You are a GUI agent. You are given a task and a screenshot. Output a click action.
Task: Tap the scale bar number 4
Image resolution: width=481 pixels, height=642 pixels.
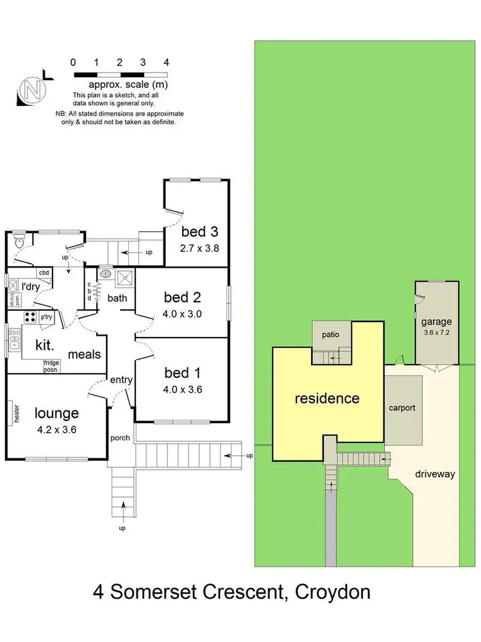point(166,62)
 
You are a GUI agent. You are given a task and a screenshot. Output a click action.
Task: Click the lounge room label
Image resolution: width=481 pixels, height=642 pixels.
point(56,413)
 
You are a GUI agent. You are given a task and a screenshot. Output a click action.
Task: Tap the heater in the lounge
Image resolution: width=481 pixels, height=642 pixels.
point(15,413)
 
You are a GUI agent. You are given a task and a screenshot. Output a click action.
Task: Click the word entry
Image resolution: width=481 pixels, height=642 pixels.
point(121,379)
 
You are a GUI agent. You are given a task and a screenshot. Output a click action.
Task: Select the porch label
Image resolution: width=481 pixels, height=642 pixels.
point(120,438)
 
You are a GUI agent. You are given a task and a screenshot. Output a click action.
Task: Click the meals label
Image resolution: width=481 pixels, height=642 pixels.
point(84,354)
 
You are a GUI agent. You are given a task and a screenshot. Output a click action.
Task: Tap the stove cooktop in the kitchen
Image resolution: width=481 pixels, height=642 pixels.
point(30,317)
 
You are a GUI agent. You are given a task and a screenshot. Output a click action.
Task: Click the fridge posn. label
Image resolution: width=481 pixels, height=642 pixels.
point(51,366)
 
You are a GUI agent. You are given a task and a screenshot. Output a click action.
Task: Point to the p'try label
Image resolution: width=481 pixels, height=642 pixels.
point(46,317)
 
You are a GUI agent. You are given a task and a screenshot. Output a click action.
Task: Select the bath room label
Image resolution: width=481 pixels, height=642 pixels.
point(117,297)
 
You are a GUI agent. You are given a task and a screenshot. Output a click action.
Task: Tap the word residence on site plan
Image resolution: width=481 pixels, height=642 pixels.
point(326,398)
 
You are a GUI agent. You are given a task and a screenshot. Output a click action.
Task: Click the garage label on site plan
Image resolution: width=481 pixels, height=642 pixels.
point(436,322)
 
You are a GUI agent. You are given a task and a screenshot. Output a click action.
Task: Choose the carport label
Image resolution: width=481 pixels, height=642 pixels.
point(402,407)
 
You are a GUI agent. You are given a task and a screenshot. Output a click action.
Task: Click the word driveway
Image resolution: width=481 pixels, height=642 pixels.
point(434,474)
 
